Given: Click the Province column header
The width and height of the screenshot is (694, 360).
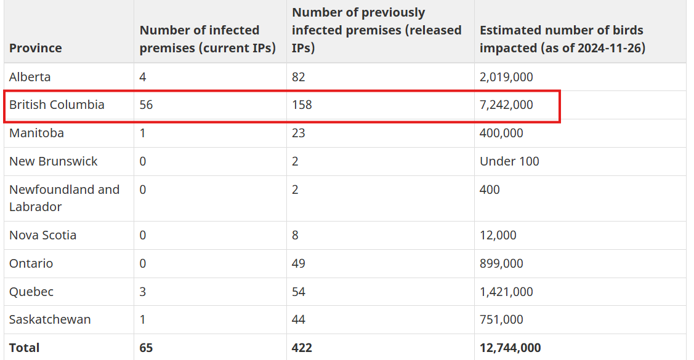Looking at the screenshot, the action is coord(36,48).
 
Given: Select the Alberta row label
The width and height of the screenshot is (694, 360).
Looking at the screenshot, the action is coord(30,77).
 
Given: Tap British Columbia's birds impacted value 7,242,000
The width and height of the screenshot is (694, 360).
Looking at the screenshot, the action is coord(506,105).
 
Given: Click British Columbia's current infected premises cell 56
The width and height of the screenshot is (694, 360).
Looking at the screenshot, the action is coord(146,105).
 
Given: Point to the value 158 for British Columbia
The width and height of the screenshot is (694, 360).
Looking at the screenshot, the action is coord(302,105).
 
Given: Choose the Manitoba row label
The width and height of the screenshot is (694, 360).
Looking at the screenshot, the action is coord(36,133).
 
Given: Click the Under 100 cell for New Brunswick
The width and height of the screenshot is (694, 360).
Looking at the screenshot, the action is coord(509,161).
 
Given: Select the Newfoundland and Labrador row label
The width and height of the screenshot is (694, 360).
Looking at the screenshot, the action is coord(64,198).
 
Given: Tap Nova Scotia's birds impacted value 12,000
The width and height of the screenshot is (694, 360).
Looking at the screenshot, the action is coord(498,235).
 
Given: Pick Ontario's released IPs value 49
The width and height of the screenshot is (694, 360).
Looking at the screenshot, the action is coord(298,263).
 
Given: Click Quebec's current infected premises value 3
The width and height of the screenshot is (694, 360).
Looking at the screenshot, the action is coord(142,292).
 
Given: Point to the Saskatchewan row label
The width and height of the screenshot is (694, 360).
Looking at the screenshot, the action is coord(50,320).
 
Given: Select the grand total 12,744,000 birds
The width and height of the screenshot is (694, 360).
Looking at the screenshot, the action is coord(510,348).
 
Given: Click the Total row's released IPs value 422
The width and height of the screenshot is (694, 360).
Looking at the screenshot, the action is coord(302,348).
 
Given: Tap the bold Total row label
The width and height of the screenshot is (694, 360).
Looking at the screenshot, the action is coord(25,348).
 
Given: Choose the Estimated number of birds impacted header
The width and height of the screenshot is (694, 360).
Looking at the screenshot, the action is coord(563,39).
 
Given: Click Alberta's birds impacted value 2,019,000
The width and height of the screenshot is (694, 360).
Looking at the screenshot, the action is coord(506,77).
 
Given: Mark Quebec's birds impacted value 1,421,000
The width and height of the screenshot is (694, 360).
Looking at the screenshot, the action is coord(506,292).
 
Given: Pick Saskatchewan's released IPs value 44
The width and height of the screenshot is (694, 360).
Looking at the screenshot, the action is coord(298,320).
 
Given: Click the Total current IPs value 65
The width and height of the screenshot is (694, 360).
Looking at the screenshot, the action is coord(146,348).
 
